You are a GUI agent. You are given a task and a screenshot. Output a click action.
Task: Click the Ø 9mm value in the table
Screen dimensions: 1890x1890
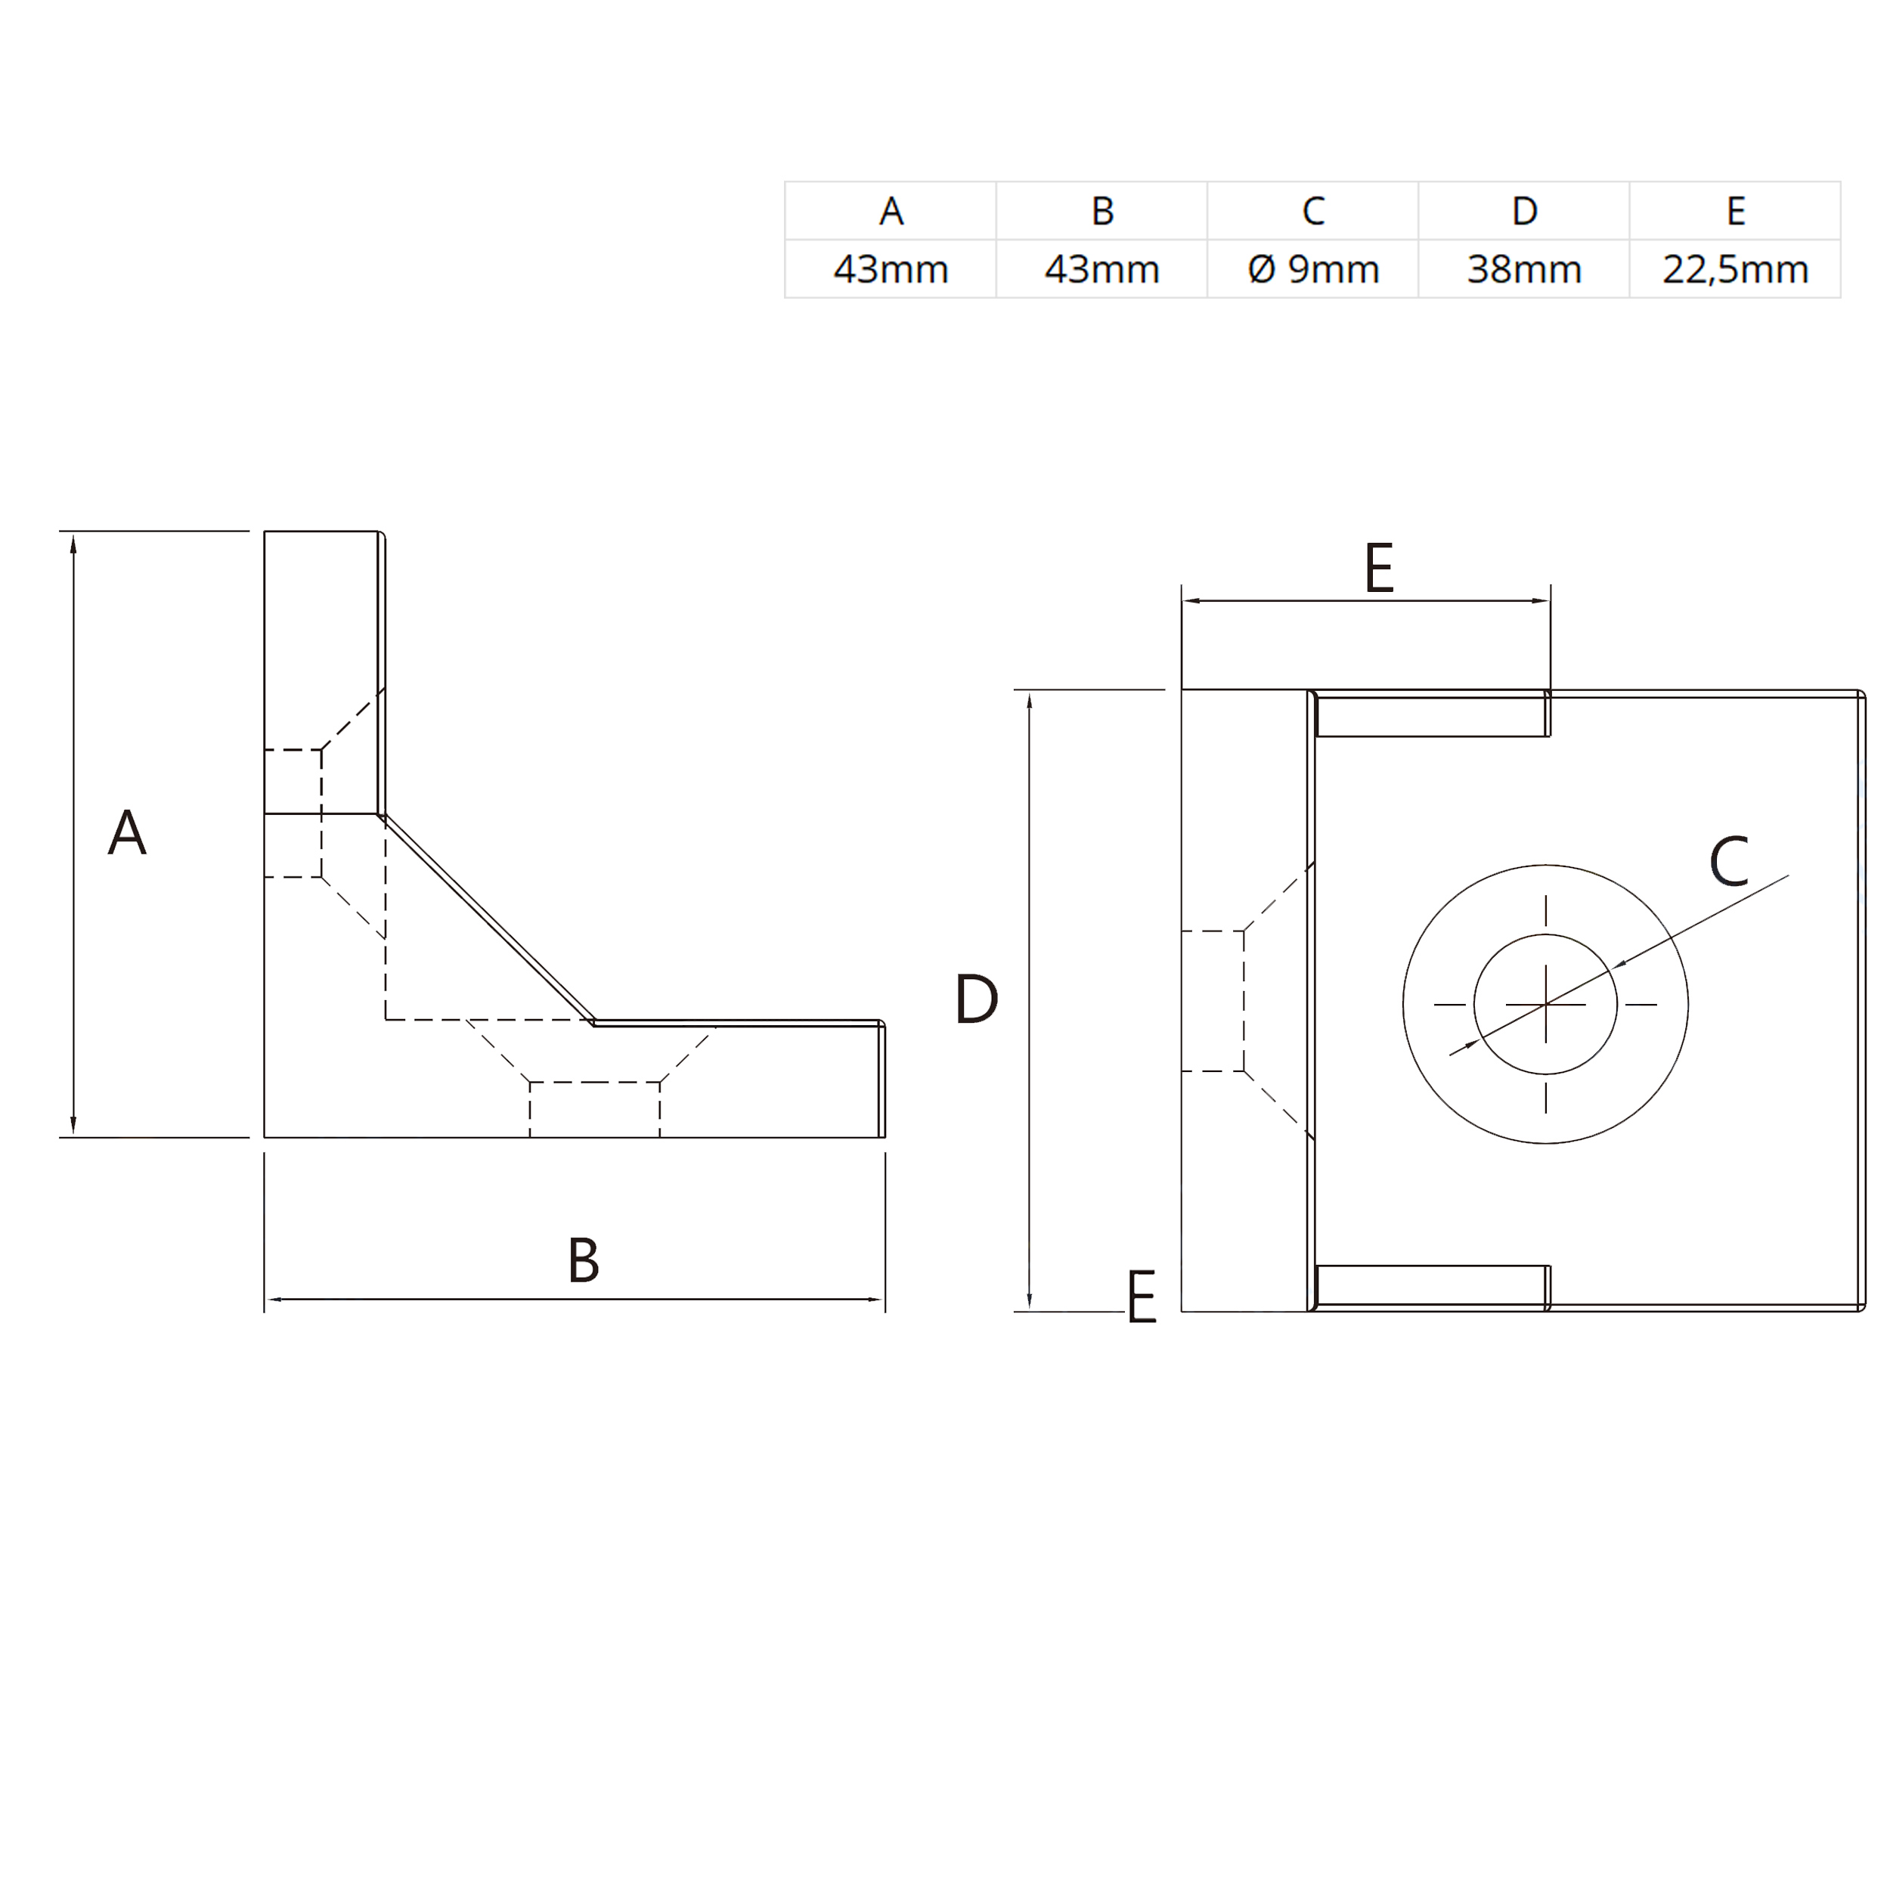[1313, 269]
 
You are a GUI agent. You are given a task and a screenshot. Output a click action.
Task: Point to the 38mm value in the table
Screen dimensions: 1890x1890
[1524, 269]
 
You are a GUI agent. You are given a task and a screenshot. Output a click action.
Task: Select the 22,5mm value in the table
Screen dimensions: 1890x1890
[1736, 269]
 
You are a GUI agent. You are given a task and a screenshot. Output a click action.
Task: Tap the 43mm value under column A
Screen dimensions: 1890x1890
[891, 269]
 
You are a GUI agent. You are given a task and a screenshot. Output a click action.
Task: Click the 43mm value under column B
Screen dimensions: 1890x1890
[1101, 269]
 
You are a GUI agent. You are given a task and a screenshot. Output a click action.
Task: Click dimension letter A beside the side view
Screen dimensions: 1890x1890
[127, 832]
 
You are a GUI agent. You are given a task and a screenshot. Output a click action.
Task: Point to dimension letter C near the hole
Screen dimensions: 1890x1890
[1728, 862]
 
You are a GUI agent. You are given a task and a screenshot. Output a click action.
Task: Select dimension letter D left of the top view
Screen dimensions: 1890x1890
[976, 999]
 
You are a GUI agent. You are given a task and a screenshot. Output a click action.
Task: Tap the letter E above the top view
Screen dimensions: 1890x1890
[1378, 569]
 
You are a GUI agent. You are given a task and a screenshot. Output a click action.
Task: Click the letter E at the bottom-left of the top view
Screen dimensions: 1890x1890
[1142, 1297]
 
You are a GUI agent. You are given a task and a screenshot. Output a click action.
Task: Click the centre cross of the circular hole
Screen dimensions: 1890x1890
[1546, 1004]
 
